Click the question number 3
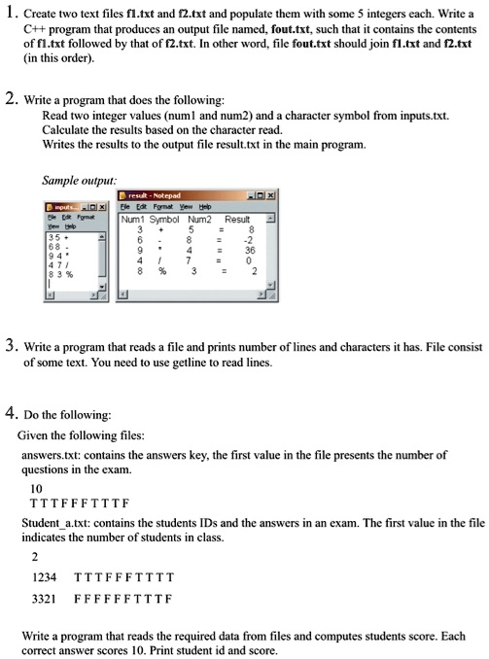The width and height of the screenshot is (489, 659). click(x=10, y=345)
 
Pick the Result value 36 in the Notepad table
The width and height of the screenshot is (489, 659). click(x=250, y=247)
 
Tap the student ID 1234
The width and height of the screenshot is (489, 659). click(x=44, y=575)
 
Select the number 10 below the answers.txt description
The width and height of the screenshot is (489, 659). click(x=37, y=488)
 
